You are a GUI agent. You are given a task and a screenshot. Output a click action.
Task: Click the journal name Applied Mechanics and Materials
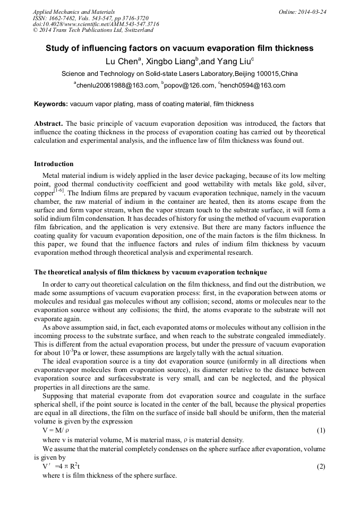pos(73,11)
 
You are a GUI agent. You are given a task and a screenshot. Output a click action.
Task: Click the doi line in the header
pos(96,24)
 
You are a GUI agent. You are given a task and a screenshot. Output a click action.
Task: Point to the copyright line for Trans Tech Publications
pos(93,31)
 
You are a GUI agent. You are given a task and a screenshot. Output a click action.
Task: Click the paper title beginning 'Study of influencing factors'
pos(179,48)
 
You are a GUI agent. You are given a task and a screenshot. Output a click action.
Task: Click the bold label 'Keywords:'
pos(51,104)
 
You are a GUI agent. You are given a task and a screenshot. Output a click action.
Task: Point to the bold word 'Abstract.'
pos(49,123)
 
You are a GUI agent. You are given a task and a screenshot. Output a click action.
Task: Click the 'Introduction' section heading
pos(54,163)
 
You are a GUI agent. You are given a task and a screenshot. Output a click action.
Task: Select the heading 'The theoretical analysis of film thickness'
pos(150,272)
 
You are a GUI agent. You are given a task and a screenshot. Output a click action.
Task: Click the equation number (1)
pos(320,429)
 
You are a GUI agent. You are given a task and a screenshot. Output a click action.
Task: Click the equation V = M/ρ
pos(56,429)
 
